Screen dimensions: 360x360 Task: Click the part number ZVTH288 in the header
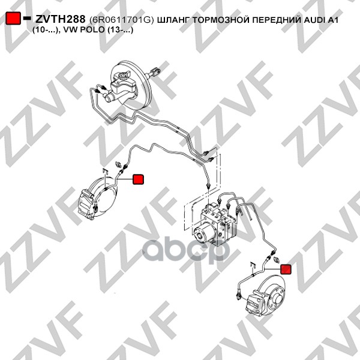coord(61,19)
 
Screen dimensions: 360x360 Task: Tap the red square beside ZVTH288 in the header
coord(13,18)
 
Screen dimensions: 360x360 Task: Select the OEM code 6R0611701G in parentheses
coord(121,20)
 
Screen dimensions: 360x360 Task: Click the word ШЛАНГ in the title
coord(173,20)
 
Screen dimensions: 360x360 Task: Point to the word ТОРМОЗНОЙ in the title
coord(221,20)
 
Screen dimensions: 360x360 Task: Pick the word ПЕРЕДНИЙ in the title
coord(277,20)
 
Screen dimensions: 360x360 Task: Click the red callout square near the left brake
coord(138,179)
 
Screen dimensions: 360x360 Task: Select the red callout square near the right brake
coord(286,269)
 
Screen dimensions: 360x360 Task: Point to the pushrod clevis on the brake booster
coord(155,71)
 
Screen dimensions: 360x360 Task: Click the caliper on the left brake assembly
coord(86,204)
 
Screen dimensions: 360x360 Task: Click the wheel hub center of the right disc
coord(278,299)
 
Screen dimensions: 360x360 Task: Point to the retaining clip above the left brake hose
coord(105,170)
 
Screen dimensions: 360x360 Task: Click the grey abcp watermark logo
coord(186,250)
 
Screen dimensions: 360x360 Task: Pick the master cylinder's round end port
coord(108,98)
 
